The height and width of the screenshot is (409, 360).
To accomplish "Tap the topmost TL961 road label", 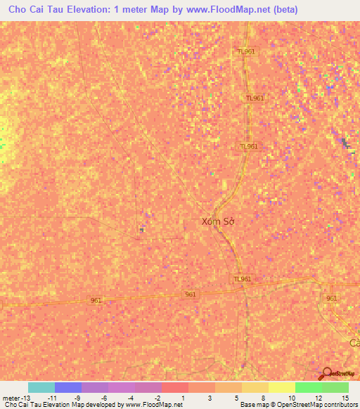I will pos(246,51).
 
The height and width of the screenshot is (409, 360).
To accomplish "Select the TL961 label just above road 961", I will pos(242,279).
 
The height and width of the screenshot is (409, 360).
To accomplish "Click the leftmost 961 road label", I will pos(96,300).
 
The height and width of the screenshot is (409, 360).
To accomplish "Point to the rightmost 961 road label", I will pos(332,299).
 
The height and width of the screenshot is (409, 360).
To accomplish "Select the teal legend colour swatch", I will pos(41,387).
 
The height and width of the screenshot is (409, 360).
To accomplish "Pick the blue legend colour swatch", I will pos(68,387).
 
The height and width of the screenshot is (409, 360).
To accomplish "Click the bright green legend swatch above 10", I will pos(308,387).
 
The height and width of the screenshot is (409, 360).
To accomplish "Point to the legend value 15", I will pos(345,398).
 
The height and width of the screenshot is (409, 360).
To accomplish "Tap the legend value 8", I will pos(263,398).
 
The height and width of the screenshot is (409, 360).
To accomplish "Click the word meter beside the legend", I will pos(13,398).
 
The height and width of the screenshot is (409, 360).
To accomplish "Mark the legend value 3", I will pos(210,398).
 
